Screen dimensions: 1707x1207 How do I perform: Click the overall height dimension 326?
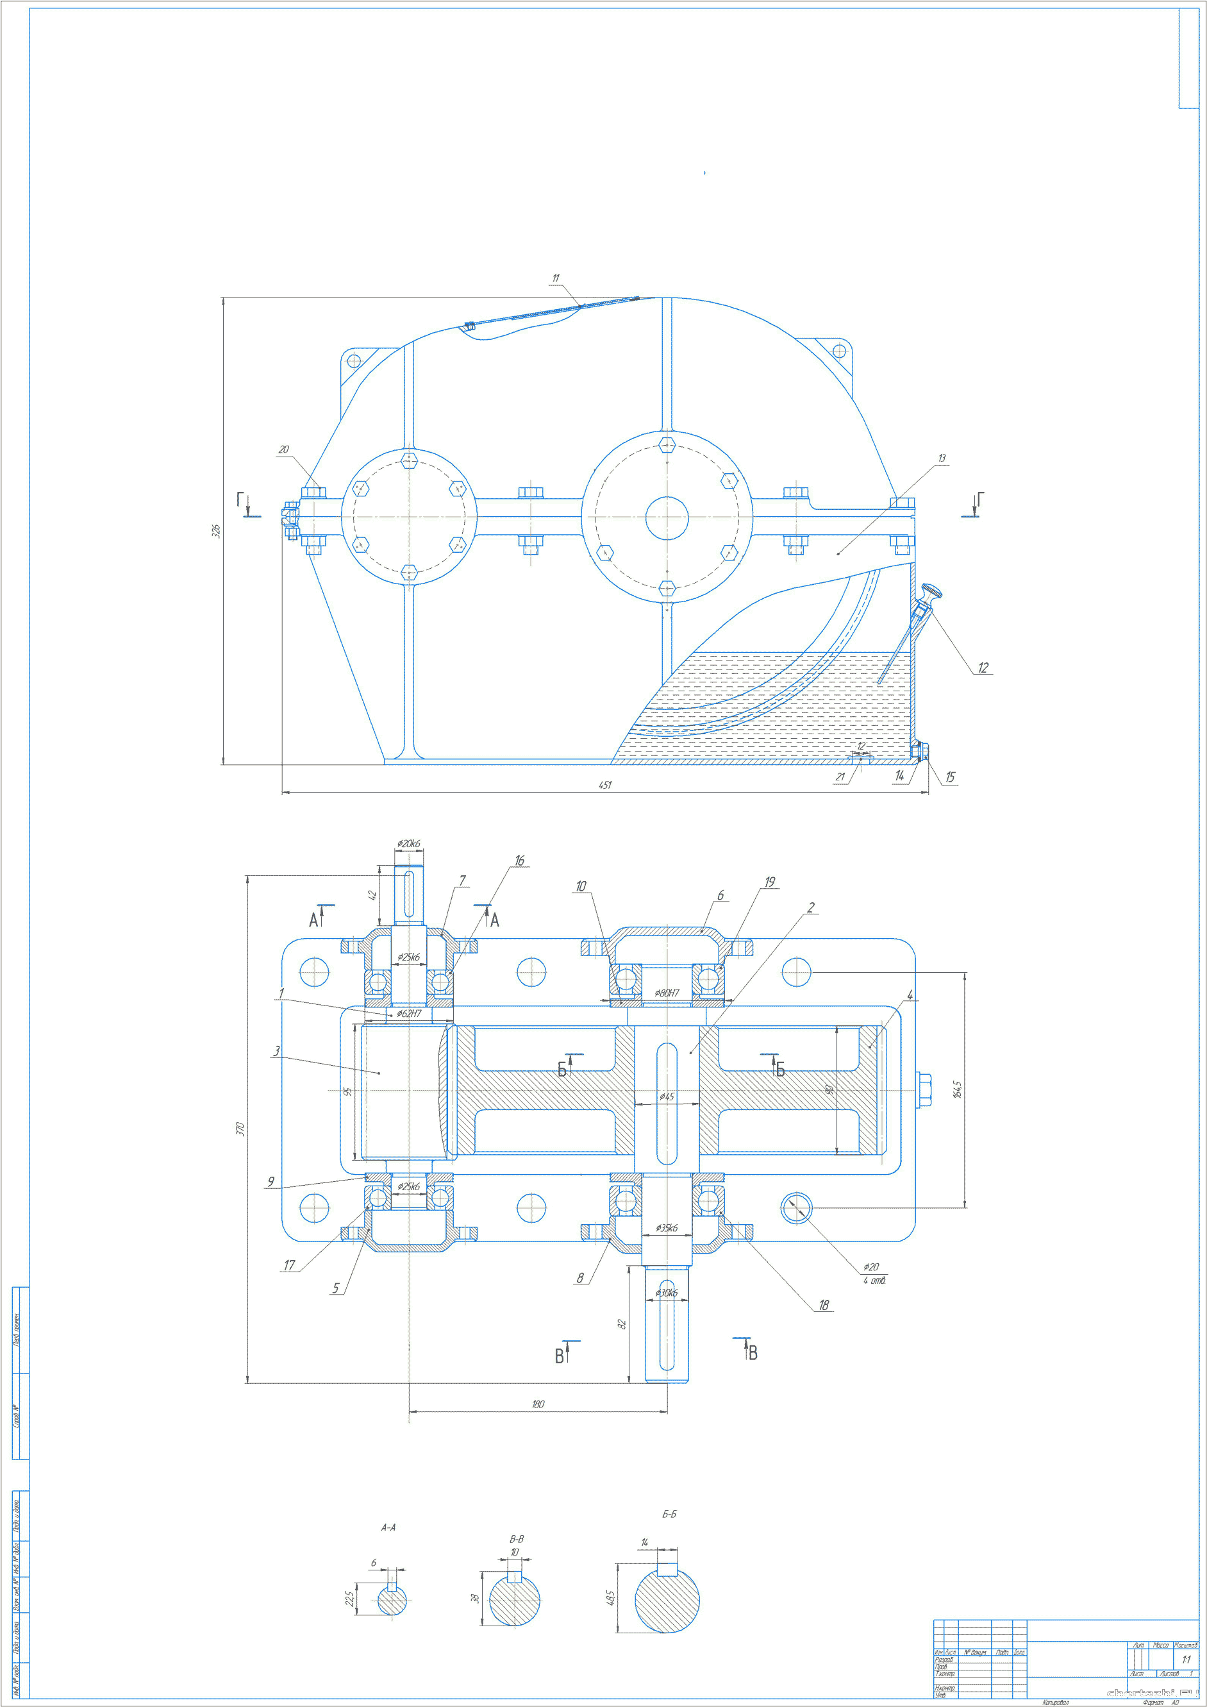tap(216, 531)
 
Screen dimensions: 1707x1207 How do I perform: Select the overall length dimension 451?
tap(605, 785)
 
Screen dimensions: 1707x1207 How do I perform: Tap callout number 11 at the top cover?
tap(555, 278)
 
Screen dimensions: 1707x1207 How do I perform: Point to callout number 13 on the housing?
tap(942, 458)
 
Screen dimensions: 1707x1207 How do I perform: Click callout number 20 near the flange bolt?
tap(283, 450)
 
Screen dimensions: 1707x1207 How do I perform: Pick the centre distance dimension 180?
tap(537, 1404)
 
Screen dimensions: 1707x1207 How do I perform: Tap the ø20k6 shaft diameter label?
tap(408, 844)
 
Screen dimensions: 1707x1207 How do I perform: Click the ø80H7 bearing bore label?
tap(667, 993)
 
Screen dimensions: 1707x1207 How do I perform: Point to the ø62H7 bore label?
tap(409, 1013)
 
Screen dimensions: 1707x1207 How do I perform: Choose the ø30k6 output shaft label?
tap(666, 1293)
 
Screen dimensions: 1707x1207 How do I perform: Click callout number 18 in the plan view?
tap(824, 1305)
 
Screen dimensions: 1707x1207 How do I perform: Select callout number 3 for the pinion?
tap(276, 1051)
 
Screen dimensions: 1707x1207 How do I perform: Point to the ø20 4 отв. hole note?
tap(873, 1274)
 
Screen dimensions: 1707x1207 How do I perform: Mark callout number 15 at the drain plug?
tap(950, 778)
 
